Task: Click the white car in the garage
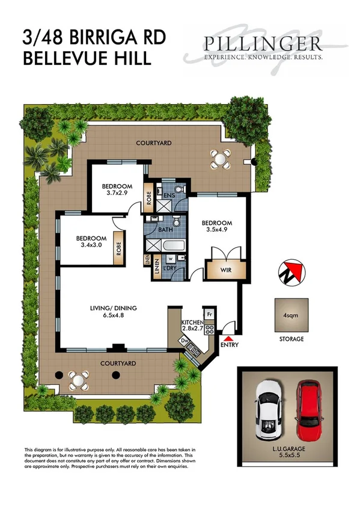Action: click(x=267, y=410)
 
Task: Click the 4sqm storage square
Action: click(x=291, y=315)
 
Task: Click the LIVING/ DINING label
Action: click(x=114, y=309)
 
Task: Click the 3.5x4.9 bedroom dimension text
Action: click(x=217, y=229)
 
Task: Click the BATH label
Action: click(x=166, y=230)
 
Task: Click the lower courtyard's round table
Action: click(x=78, y=379)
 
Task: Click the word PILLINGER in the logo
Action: click(x=263, y=44)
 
